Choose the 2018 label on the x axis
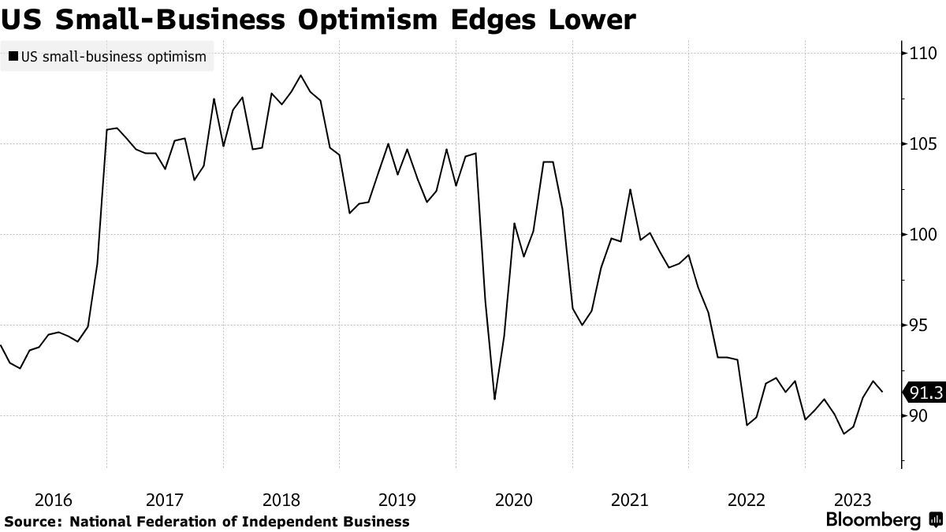tap(281, 500)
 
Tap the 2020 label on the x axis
tap(514, 500)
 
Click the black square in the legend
tap(12, 57)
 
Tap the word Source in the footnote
tap(32, 521)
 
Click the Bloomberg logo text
tap(873, 520)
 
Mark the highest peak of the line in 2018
tap(301, 76)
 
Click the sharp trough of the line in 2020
tap(494, 399)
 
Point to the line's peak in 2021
tap(630, 189)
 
